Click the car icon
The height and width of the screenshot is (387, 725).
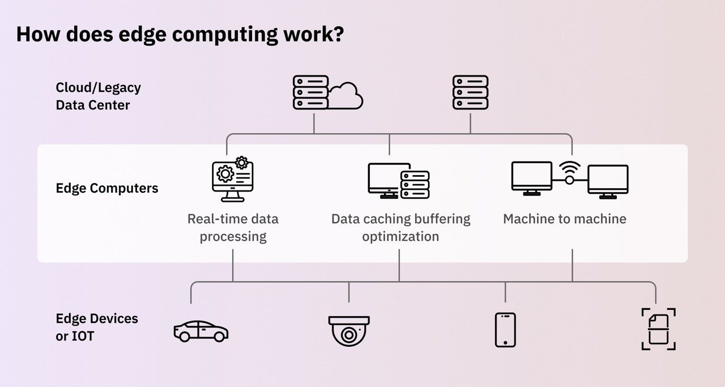point(201,331)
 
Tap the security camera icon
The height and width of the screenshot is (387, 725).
point(349,331)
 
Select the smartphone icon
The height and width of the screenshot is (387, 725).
point(505,330)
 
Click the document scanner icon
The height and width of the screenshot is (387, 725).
point(658,329)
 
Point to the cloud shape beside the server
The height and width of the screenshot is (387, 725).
point(346,96)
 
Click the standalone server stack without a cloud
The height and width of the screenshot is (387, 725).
point(470,92)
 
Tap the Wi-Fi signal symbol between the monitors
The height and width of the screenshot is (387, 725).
point(570,169)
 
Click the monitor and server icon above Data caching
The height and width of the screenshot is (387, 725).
point(398,181)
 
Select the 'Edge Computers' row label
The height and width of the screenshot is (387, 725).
point(107,188)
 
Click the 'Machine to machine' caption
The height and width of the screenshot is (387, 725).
point(565,219)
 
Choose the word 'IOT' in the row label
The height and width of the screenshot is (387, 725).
point(83,336)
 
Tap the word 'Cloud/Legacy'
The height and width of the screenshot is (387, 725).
point(98,88)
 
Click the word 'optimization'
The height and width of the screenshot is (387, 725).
point(400,236)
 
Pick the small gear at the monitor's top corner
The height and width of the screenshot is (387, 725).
point(242,163)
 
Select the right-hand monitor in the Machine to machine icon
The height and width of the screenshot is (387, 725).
point(608,181)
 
